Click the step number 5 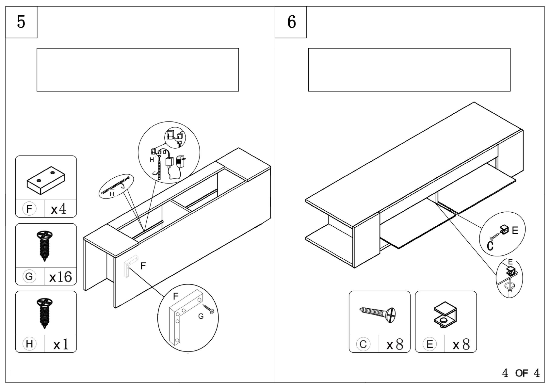(21, 22)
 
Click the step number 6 (291, 22)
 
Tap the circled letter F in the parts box (29, 209)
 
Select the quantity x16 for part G (61, 277)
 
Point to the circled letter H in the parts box (29, 344)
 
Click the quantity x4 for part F (58, 209)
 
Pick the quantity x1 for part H (61, 344)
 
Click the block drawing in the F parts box (46, 180)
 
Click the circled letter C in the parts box (363, 344)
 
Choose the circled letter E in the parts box (429, 344)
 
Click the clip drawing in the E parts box (445, 315)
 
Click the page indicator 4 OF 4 (521, 373)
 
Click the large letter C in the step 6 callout (490, 246)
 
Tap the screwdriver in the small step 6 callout (510, 287)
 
